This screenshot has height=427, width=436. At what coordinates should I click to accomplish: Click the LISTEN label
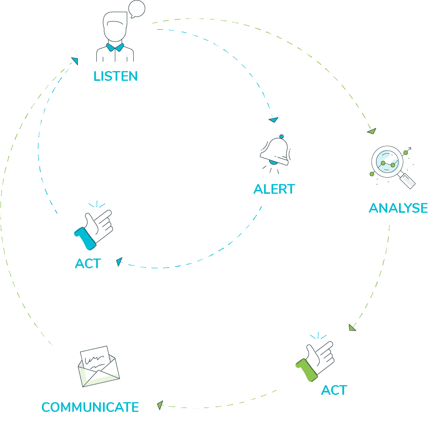[115, 76]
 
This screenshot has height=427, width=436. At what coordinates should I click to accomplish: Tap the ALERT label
[274, 189]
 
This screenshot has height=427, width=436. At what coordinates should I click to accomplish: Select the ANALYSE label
[398, 208]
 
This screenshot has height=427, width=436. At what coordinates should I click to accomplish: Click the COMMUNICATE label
[90, 407]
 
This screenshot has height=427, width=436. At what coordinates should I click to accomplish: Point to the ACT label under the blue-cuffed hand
[88, 264]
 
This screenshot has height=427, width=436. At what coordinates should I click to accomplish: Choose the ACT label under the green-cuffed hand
[334, 390]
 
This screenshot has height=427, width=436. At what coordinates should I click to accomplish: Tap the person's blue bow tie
[115, 47]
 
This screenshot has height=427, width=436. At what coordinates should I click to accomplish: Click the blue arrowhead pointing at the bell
[273, 119]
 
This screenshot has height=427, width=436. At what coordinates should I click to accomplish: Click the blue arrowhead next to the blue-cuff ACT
[119, 262]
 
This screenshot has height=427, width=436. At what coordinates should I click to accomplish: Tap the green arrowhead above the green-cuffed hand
[352, 328]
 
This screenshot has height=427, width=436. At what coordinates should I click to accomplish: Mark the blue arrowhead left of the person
[74, 61]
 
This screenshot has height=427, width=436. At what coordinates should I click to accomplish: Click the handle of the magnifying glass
[407, 181]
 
